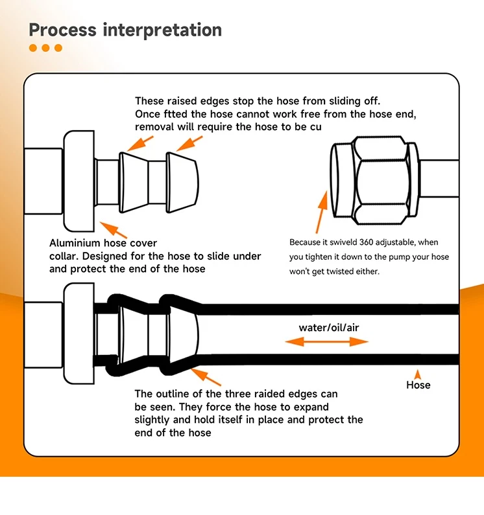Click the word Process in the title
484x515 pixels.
click(62, 30)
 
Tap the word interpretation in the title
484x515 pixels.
click(163, 30)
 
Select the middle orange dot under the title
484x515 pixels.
click(45, 48)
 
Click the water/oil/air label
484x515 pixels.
click(329, 327)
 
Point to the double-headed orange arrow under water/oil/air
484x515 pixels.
click(326, 342)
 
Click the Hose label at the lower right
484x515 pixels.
click(418, 385)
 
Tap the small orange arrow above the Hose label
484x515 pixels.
click(418, 374)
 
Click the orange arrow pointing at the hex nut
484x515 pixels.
click(322, 212)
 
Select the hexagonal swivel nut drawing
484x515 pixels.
click(375, 180)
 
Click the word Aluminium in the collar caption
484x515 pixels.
click(75, 243)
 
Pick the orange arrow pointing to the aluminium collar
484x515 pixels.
click(113, 230)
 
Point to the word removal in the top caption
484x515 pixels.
click(154, 127)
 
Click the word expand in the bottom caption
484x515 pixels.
click(311, 407)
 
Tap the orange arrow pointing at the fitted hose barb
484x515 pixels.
click(206, 377)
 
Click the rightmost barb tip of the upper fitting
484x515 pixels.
click(198, 183)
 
